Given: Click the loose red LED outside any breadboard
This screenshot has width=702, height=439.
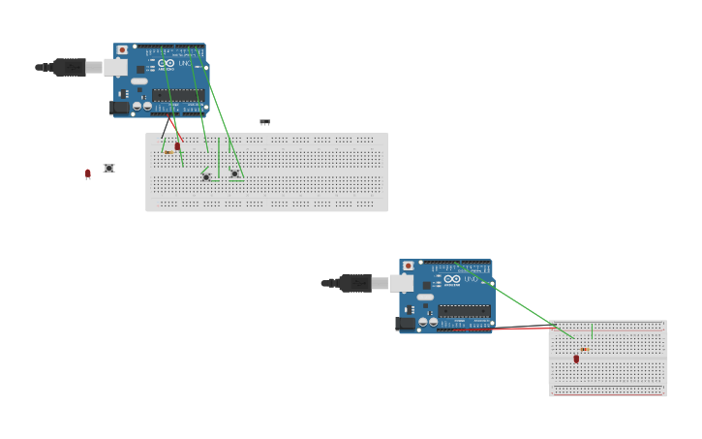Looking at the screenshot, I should pyautogui.click(x=87, y=173).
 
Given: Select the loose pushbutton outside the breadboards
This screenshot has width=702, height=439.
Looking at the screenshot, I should pyautogui.click(x=108, y=169).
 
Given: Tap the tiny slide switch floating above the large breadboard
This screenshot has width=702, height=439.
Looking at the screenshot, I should pyautogui.click(x=264, y=122).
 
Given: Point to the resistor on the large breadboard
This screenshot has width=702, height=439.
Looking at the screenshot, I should pyautogui.click(x=168, y=152).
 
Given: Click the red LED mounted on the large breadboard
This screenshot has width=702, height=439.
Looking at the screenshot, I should pyautogui.click(x=177, y=146).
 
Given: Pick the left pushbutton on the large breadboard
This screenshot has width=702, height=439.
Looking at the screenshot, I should pyautogui.click(x=205, y=176).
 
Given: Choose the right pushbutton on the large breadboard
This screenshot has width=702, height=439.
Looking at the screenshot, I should pyautogui.click(x=234, y=173).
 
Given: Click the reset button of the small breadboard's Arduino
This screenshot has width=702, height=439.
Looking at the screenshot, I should pyautogui.click(x=408, y=266).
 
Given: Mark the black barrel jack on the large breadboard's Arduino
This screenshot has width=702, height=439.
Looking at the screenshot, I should pyautogui.click(x=119, y=108).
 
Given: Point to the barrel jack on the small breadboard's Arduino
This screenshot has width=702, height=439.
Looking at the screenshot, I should pyautogui.click(x=405, y=324).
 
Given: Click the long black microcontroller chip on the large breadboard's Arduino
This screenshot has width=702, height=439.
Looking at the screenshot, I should pyautogui.click(x=178, y=95).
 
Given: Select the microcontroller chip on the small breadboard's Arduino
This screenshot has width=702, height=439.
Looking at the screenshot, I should pyautogui.click(x=464, y=311).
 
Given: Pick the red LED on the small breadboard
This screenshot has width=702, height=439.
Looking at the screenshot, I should pyautogui.click(x=576, y=359).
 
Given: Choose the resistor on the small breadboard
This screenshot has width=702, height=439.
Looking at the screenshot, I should pyautogui.click(x=584, y=349).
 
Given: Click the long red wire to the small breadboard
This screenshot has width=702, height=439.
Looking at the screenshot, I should pyautogui.click(x=504, y=328).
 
